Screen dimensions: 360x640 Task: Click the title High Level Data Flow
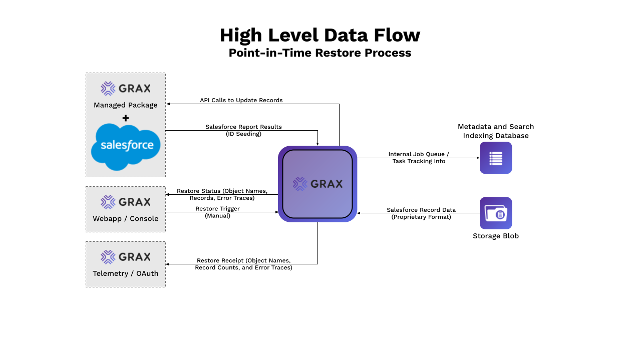pos(319,35)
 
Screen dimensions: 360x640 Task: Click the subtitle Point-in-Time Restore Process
pos(319,53)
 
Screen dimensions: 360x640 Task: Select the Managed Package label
pos(126,105)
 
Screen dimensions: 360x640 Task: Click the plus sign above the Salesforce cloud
pos(126,118)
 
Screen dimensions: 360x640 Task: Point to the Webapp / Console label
pos(126,219)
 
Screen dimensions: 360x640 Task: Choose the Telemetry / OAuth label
pos(126,273)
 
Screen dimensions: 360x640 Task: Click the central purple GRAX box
pos(317,184)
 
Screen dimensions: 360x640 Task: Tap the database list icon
pos(496,158)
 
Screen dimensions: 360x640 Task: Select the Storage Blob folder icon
pos(496,213)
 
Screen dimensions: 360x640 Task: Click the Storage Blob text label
pos(496,236)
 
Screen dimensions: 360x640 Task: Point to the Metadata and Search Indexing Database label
pos(496,131)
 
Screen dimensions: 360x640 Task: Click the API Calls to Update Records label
pos(241,100)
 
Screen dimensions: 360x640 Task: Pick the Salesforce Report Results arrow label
pos(243,130)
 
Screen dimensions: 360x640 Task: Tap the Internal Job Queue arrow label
pos(419,158)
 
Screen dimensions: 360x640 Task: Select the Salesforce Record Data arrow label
pos(421,213)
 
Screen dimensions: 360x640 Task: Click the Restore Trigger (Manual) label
pos(218,212)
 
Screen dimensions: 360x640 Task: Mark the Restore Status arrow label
pos(222,194)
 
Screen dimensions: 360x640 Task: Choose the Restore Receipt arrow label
pos(243,264)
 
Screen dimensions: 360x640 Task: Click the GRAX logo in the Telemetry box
pos(126,257)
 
